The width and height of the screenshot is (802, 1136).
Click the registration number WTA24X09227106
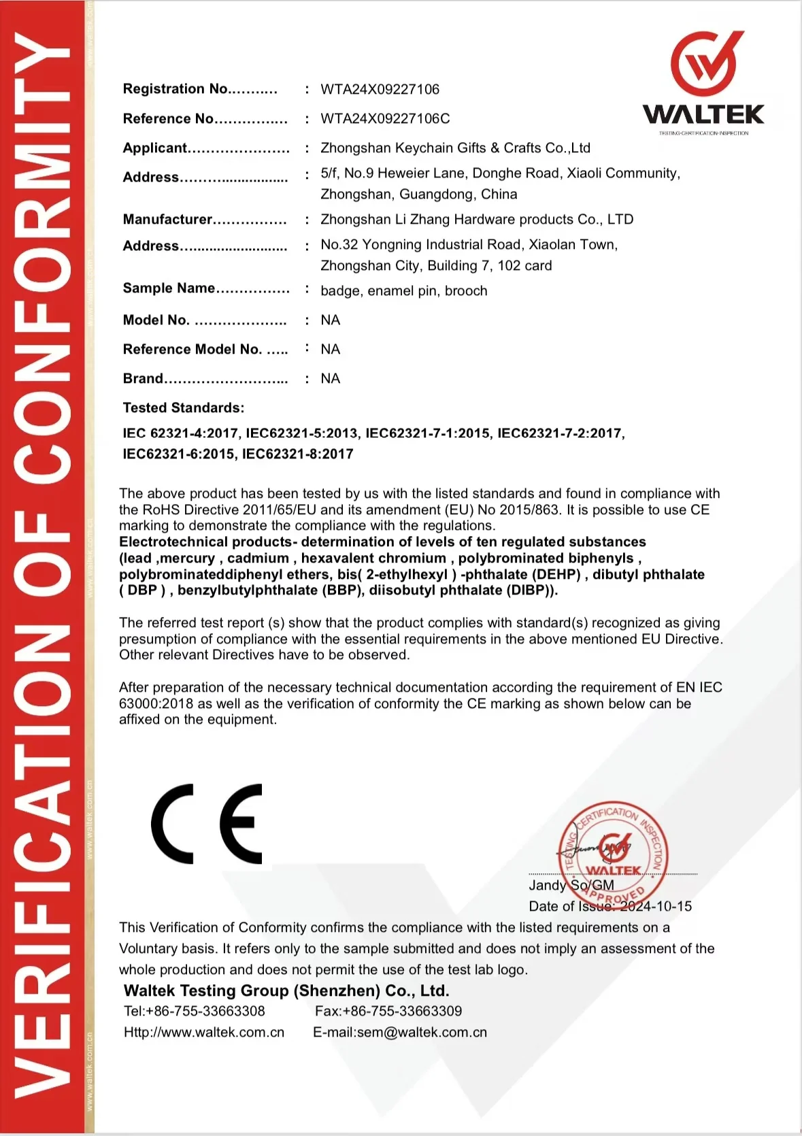380,89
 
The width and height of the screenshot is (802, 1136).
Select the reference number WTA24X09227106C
385,118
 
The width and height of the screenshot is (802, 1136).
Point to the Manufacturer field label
168,219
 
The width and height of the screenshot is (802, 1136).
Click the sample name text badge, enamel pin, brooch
403,290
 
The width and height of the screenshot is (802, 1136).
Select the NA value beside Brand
330,378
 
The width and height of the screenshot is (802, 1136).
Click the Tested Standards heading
183,407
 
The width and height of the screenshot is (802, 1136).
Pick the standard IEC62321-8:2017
298,454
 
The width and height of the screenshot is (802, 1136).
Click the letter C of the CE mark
172,824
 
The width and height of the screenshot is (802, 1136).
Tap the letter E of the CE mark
241,824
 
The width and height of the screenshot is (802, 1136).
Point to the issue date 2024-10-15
656,906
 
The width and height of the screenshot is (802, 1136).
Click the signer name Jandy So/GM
571,885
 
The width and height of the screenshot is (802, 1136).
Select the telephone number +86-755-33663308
205,1011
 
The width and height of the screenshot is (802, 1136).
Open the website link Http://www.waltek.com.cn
204,1032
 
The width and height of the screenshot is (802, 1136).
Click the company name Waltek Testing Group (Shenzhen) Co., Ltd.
286,990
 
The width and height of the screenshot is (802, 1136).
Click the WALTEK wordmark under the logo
703,114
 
